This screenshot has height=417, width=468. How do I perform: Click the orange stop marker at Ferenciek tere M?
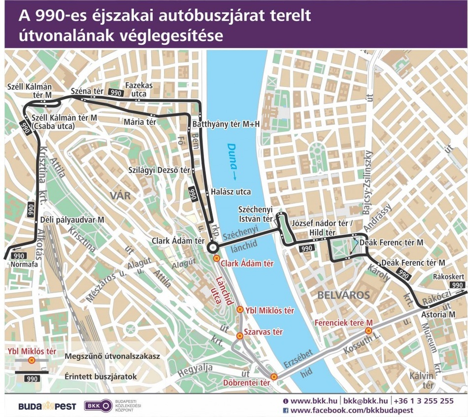tap(368, 331)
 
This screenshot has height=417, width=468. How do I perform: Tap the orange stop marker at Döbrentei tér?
tap(274, 377)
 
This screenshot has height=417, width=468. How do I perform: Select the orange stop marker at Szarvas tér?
tap(240, 336)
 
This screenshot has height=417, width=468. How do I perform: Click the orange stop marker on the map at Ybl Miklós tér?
tap(240, 310)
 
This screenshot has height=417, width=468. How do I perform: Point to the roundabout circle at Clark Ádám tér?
tap(213, 247)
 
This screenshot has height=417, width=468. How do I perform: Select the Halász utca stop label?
tap(231, 192)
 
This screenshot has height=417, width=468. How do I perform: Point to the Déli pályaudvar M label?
tap(72, 219)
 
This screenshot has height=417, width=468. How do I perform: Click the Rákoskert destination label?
tap(449, 277)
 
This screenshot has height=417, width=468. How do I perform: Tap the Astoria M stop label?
tap(438, 314)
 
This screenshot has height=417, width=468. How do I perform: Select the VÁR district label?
tap(120, 196)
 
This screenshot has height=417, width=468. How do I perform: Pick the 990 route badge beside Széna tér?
tap(116, 93)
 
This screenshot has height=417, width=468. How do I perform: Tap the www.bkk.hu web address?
tap(313, 401)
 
